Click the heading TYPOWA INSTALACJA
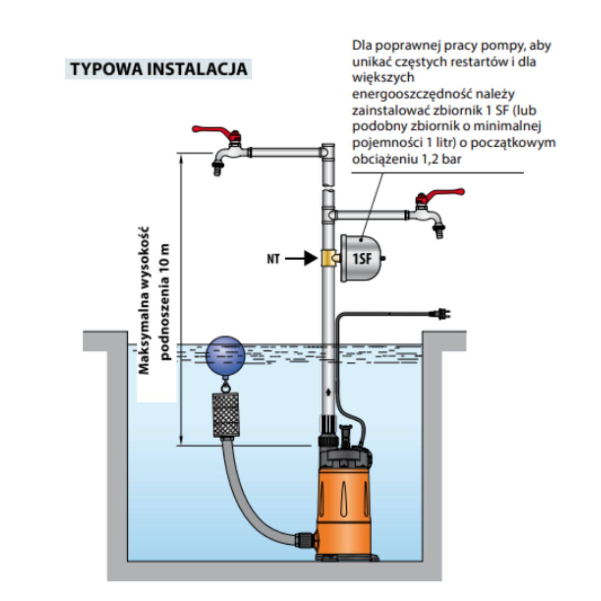pos(159,69)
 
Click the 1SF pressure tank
pos(361,258)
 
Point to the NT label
pos(273,259)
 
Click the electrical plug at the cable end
pos(442,314)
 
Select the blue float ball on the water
pos(225,355)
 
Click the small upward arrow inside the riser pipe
pos(329,392)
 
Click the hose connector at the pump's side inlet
pos(304,540)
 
